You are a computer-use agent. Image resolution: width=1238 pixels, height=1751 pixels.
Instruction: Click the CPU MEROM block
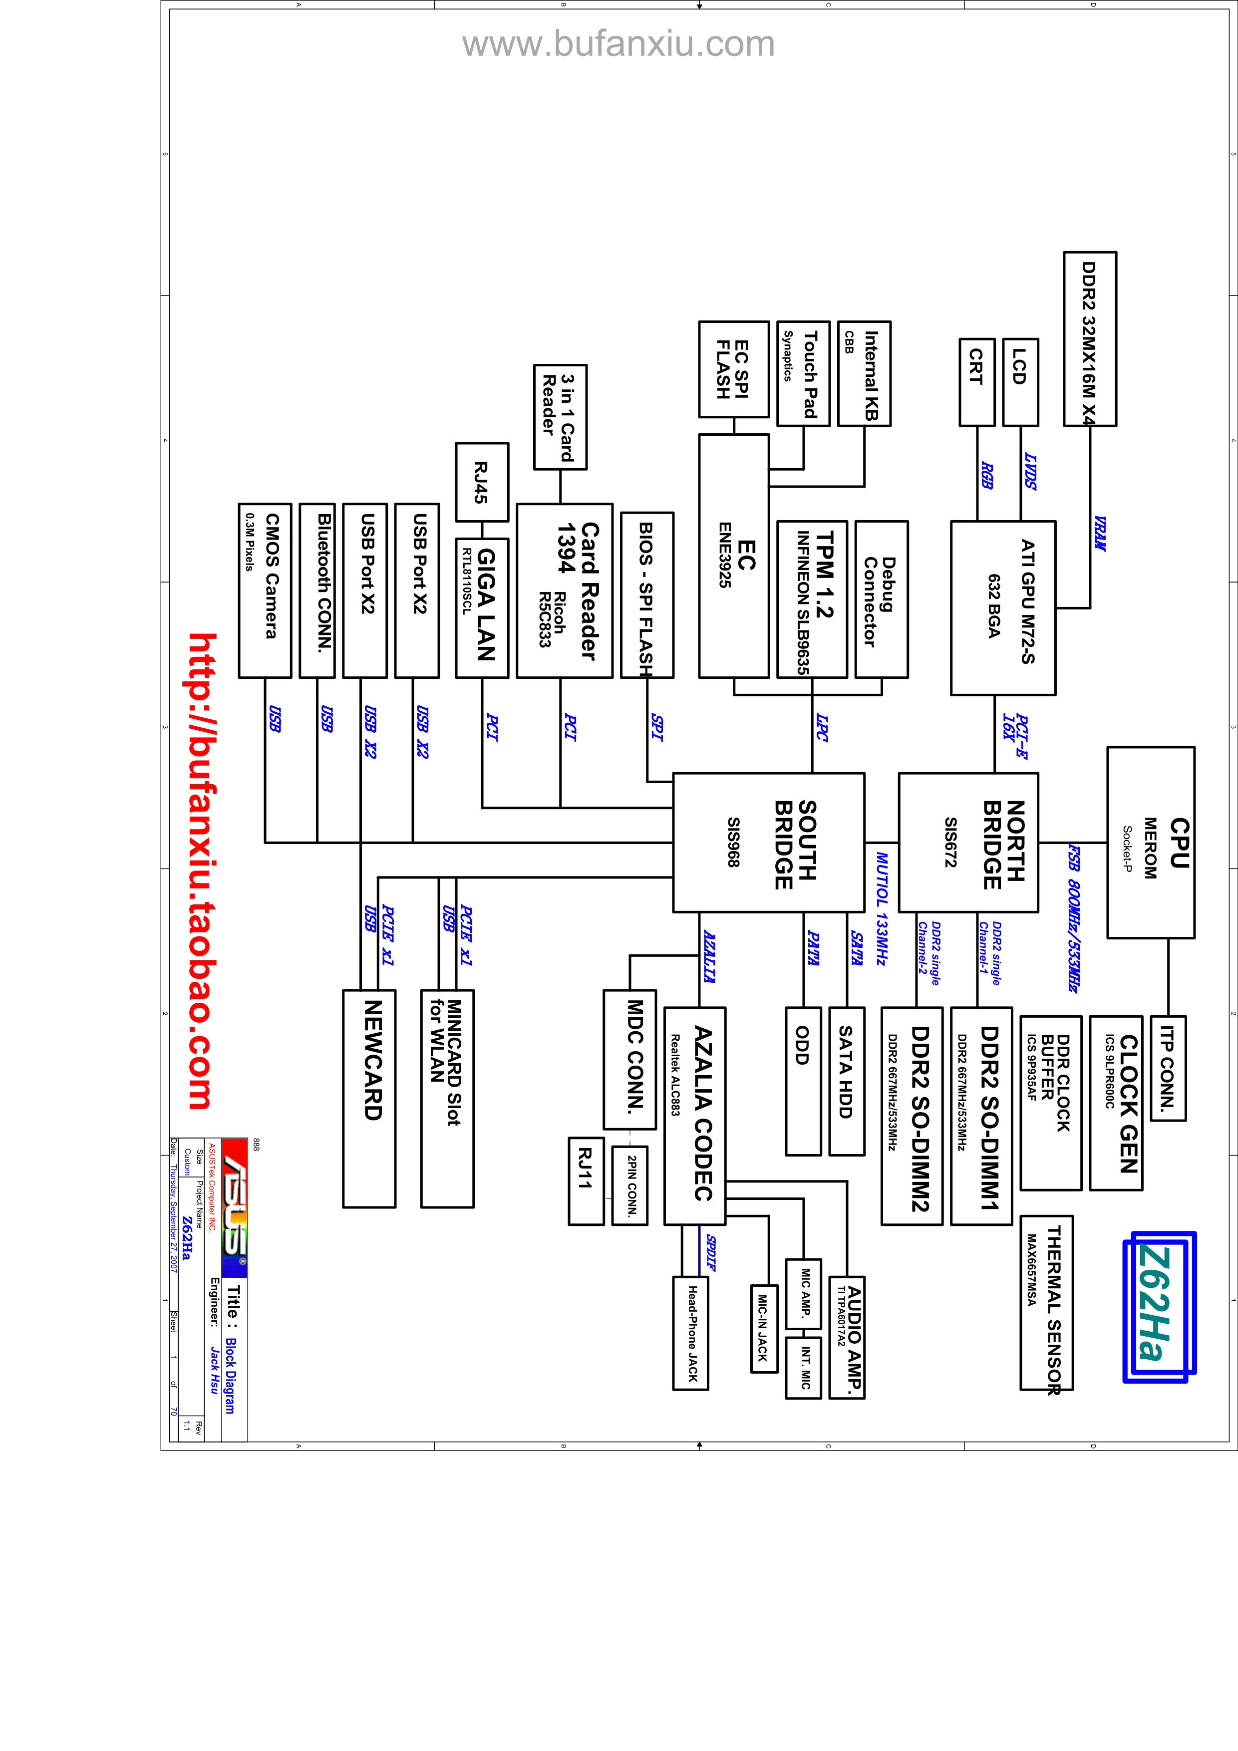tap(1150, 843)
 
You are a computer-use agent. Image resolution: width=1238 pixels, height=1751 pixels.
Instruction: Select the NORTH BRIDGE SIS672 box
tap(968, 843)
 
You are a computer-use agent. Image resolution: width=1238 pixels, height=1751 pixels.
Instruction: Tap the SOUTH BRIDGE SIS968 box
tap(768, 843)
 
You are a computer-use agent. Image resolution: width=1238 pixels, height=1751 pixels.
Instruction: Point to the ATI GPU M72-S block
tap(1003, 608)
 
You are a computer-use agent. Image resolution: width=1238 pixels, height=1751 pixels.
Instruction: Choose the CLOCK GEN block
tap(1116, 1103)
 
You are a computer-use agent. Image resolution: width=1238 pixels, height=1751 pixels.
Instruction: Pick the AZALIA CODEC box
tap(694, 1116)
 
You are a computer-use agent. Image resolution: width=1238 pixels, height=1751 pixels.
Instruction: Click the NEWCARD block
tap(369, 1098)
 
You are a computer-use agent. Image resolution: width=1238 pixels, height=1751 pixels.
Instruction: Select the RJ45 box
tap(482, 482)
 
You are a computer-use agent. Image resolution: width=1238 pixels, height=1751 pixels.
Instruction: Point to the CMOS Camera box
tap(265, 590)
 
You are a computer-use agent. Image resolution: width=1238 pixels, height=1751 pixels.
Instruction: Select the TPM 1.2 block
tap(812, 599)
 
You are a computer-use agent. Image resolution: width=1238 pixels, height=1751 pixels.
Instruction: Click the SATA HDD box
tap(847, 1081)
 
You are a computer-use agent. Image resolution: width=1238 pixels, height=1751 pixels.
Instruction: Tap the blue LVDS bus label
tap(1030, 471)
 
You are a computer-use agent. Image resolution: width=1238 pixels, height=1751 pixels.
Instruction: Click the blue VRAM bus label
tap(1099, 533)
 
